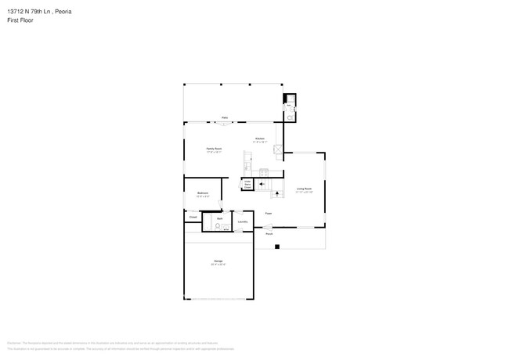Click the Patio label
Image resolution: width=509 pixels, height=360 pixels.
pyautogui.click(x=224, y=117)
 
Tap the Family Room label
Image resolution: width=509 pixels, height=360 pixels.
pyautogui.click(x=213, y=148)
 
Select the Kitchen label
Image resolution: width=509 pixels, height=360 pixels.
pyautogui.click(x=259, y=139)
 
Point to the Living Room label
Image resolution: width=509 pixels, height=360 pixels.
pyautogui.click(x=304, y=189)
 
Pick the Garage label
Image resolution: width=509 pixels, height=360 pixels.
pyautogui.click(x=218, y=261)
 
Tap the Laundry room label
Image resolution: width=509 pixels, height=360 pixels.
pyautogui.click(x=243, y=221)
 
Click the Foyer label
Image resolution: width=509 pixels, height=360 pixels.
pyautogui.click(x=268, y=213)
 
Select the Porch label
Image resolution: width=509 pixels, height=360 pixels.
pyautogui.click(x=269, y=234)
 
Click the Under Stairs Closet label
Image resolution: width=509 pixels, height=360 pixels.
pyautogui.click(x=247, y=185)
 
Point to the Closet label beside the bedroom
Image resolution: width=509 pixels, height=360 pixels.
pyautogui.click(x=193, y=217)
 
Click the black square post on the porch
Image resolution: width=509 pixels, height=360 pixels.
pyautogui.click(x=276, y=247)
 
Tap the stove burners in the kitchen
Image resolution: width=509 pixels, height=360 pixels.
pyautogui.click(x=265, y=171)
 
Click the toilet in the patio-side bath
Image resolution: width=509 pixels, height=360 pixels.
pyautogui.click(x=290, y=117)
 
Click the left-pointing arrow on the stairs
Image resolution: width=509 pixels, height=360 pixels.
pyautogui.click(x=261, y=185)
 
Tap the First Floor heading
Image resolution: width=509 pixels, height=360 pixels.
pyautogui.click(x=21, y=20)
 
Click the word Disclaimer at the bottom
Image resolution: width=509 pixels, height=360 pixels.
pyautogui.click(x=13, y=343)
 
